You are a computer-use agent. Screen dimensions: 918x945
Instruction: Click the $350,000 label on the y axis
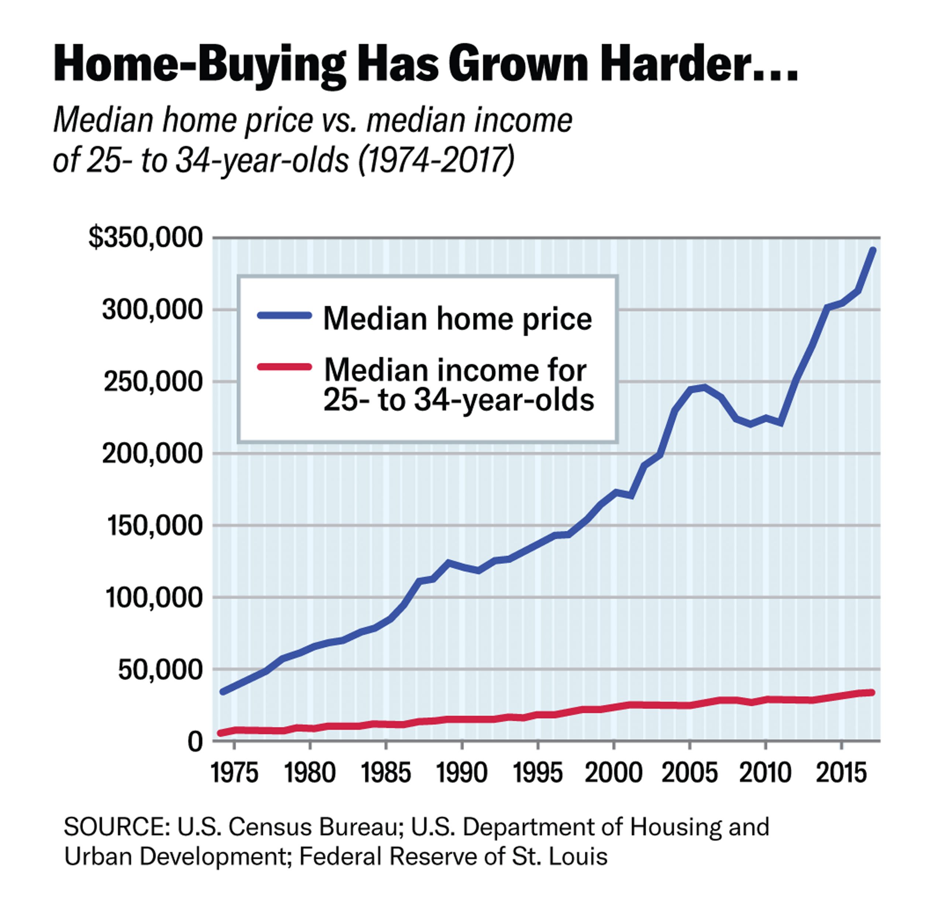point(145,238)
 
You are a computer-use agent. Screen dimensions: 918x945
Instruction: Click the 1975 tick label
point(234,773)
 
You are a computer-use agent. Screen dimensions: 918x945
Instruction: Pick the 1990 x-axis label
point(462,773)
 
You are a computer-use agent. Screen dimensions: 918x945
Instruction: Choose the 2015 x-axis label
point(841,773)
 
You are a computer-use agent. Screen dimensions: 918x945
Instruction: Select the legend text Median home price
point(457,319)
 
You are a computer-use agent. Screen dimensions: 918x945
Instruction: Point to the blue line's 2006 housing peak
point(705,387)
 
